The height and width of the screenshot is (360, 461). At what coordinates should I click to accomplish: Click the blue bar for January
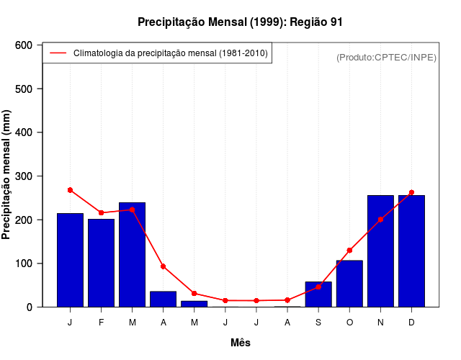[70, 260]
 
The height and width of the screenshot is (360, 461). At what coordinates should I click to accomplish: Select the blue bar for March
[132, 255]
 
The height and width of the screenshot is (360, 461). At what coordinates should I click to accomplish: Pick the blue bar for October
[349, 284]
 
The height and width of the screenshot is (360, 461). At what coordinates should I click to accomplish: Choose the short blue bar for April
[163, 299]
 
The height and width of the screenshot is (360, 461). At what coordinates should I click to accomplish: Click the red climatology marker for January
[70, 190]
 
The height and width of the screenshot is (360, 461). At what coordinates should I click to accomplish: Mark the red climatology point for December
[411, 193]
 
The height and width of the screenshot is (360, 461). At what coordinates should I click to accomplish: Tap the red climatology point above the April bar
[163, 266]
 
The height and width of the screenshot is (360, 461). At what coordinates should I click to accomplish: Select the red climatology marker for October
[349, 251]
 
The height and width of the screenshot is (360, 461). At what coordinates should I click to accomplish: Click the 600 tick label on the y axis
[24, 45]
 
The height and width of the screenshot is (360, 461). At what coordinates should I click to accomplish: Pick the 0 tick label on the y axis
[29, 307]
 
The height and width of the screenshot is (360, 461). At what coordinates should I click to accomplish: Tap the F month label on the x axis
[101, 323]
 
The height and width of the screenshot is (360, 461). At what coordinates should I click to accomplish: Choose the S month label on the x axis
[318, 323]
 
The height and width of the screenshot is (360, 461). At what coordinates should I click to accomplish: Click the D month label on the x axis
[411, 323]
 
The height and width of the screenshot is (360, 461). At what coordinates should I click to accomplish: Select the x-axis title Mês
[241, 343]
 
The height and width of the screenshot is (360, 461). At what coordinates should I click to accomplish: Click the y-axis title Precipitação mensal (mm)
[7, 176]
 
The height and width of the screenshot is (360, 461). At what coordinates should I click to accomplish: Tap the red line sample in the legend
[58, 53]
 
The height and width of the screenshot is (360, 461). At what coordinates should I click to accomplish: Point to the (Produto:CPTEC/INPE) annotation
[386, 57]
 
